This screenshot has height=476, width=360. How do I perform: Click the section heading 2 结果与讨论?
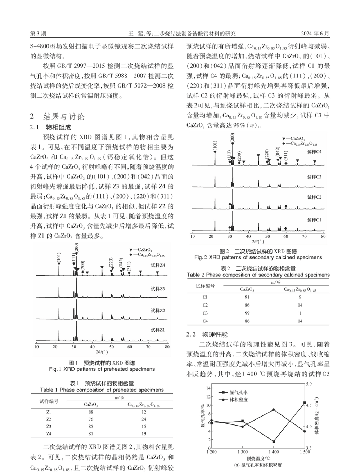pos(57,116)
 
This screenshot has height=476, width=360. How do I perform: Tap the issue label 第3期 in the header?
pos(38,34)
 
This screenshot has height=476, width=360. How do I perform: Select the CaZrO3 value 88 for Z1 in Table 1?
pos(91,412)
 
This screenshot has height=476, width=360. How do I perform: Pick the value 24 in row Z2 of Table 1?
pos(144,419)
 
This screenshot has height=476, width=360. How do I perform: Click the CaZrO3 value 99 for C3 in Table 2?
pos(247,313)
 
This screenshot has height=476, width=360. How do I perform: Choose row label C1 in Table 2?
pos(205,297)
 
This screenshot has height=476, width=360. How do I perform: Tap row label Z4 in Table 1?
pos(49,433)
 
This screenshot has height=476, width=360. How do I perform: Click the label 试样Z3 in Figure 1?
pos(158,289)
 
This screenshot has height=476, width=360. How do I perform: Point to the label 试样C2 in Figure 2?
pos(314,197)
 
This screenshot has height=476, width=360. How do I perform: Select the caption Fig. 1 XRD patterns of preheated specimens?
pos(102,369)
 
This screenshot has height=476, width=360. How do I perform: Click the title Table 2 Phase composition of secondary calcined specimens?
pos(258,275)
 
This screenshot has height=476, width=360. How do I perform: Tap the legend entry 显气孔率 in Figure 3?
pos(238,392)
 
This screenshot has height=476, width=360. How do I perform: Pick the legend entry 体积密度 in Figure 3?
pos(238,400)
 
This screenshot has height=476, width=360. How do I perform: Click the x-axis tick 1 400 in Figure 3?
pos(274,452)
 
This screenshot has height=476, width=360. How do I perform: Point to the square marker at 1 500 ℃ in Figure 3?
pos(305,403)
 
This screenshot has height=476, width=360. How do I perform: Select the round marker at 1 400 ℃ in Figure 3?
pos(274,410)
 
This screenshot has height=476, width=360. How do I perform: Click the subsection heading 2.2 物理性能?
pos(207,335)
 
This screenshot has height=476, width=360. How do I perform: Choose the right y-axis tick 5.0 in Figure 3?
pos(309,384)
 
